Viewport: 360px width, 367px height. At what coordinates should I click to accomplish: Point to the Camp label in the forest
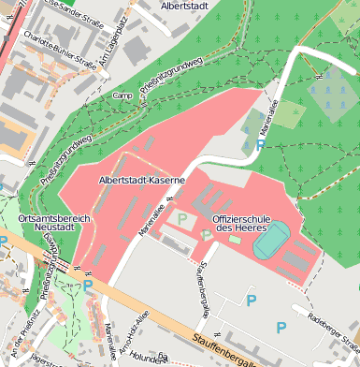(x=122, y=95)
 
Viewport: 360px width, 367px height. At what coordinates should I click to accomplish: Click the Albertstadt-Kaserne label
(x=140, y=178)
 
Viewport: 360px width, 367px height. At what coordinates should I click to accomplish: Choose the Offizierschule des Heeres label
(x=239, y=223)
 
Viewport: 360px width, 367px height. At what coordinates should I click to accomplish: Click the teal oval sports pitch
(x=272, y=241)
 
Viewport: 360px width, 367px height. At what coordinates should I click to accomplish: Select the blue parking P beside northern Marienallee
(x=259, y=145)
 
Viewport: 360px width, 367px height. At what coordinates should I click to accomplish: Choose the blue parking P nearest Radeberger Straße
(x=281, y=328)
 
